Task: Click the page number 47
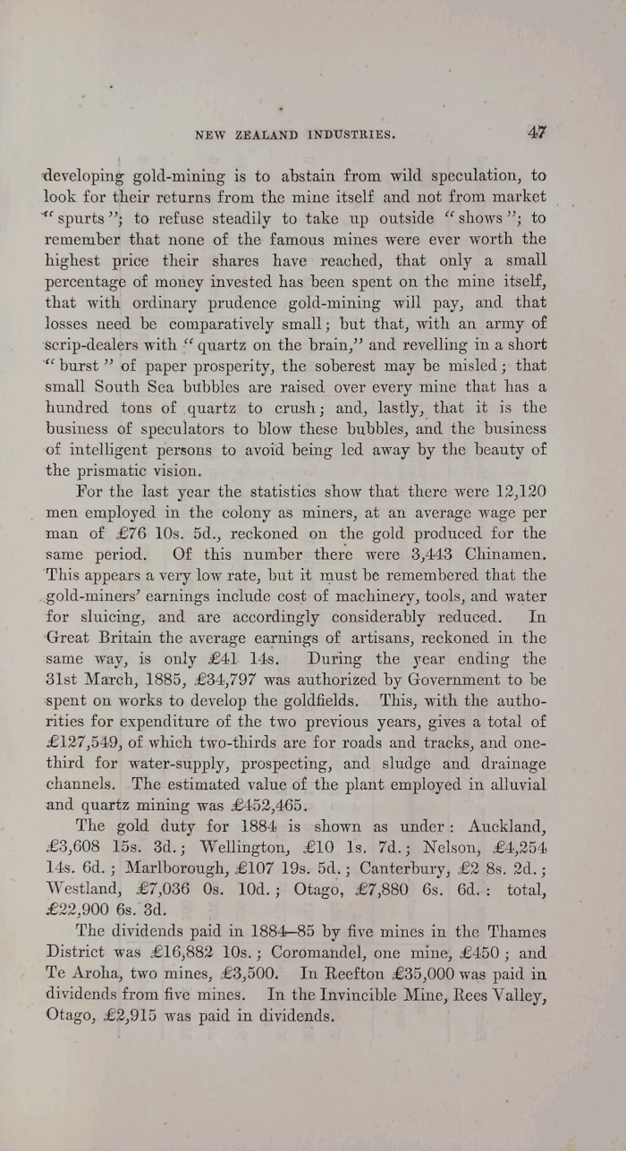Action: [537, 132]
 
